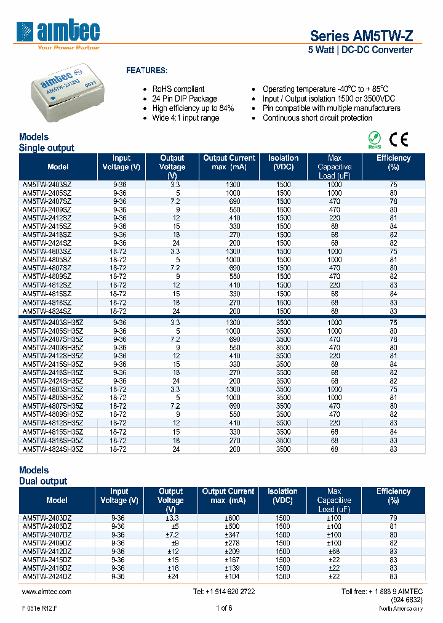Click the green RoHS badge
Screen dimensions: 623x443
coord(374,140)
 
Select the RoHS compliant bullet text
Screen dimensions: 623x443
coord(178,89)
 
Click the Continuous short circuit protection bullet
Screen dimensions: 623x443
coord(317,118)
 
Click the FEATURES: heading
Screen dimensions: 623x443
coord(146,71)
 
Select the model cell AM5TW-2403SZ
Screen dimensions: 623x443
coord(47,185)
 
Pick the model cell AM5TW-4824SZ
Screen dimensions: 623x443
coord(47,311)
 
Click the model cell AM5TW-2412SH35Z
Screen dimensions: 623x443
coord(53,356)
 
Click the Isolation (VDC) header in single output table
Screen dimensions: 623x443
coord(283,163)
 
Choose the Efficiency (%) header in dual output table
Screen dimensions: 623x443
coord(393,496)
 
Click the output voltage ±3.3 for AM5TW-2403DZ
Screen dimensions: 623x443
coord(171,518)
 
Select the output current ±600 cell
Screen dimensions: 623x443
coord(228,518)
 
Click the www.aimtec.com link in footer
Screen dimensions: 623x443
coord(47,592)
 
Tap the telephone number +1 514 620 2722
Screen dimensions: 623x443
coord(223,592)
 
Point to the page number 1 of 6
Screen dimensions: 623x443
coord(224,608)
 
